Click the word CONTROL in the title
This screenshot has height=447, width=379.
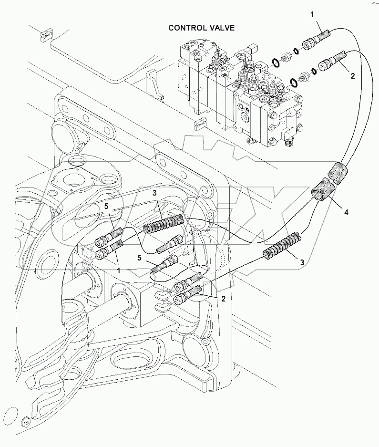[x=186, y=28]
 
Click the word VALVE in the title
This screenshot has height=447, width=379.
[x=221, y=28]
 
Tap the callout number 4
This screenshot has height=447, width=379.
[x=346, y=212]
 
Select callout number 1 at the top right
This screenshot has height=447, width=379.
[x=312, y=15]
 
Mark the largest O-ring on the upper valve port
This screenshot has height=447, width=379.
[x=276, y=62]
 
